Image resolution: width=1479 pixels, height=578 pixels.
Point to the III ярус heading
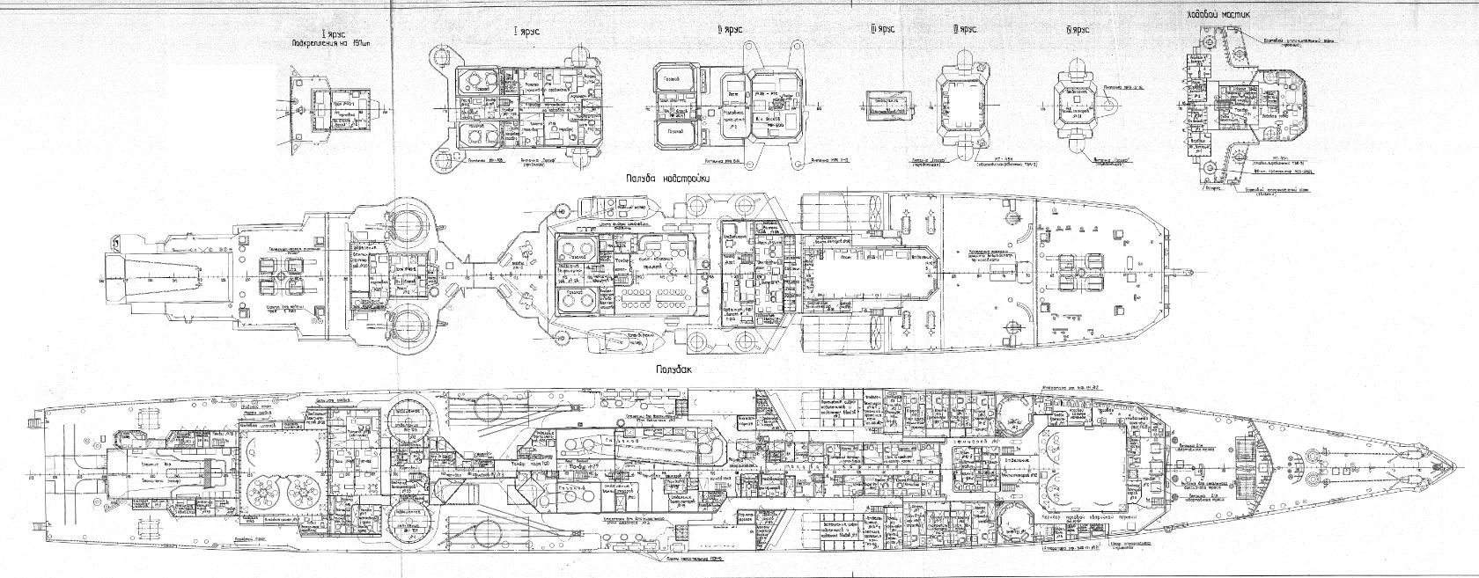tap(882, 29)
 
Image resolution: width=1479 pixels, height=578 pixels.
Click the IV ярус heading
tap(965, 29)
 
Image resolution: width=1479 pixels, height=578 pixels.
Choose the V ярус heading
tap(1077, 29)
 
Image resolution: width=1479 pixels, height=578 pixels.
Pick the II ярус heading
tap(731, 29)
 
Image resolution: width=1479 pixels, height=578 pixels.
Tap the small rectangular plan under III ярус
tap(888, 104)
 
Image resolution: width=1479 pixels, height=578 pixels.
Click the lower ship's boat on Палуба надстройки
tap(614, 341)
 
